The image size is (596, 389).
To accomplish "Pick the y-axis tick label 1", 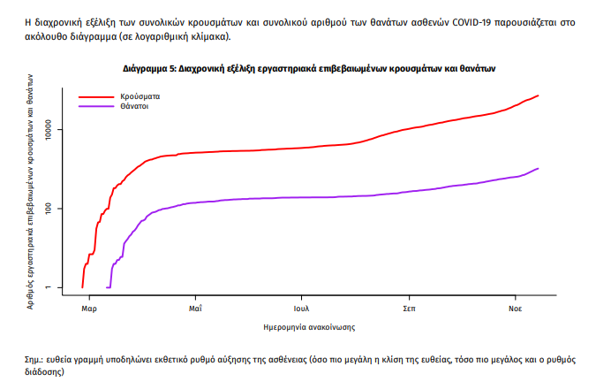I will coord(55,287).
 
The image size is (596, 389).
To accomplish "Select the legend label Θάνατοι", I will coord(134,105).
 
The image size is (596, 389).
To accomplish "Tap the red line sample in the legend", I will coord(96,95).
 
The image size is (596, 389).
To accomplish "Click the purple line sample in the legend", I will coord(96,105).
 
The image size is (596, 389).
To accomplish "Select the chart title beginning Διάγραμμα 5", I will coord(308,67).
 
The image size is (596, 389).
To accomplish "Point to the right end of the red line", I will coord(538,95).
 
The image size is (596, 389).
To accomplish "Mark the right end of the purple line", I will coord(538,168).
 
